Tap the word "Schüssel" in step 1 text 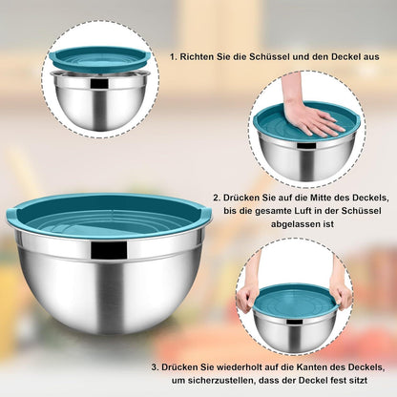pyautogui.click(x=269, y=57)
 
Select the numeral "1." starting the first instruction pyautogui.click(x=174, y=57)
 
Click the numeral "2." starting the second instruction pyautogui.click(x=217, y=198)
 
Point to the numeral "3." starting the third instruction pyautogui.click(x=156, y=367)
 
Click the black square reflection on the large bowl pyautogui.click(x=109, y=250)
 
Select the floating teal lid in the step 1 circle pyautogui.click(x=100, y=60)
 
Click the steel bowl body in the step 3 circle pyautogui.click(x=295, y=331)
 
